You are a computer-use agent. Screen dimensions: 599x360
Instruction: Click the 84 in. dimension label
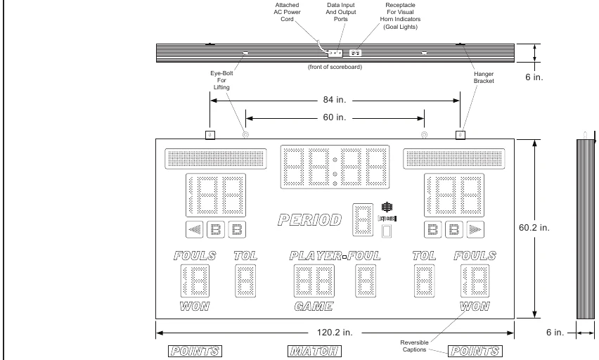[334, 100]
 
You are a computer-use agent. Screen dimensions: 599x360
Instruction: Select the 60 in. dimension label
[334, 117]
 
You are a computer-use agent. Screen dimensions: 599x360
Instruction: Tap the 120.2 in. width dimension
[335, 333]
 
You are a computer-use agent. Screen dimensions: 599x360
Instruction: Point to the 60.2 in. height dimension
[534, 228]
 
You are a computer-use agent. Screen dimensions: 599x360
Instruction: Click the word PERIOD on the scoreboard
[310, 220]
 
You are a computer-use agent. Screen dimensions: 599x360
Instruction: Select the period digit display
[363, 220]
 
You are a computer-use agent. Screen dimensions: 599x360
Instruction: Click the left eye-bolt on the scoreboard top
[245, 135]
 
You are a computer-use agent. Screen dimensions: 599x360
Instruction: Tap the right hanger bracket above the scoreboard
[460, 135]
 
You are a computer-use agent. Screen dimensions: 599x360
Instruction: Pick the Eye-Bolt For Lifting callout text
[221, 80]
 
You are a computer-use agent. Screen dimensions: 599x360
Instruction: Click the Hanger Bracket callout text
[484, 77]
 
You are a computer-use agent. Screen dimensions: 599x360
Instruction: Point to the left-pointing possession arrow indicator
[195, 230]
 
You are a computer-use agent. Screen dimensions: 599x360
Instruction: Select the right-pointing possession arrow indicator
[475, 230]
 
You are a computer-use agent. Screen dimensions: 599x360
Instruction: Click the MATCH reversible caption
[314, 351]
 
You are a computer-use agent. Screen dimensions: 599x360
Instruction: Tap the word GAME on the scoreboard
[314, 306]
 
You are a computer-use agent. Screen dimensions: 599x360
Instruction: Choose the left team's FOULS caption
[195, 255]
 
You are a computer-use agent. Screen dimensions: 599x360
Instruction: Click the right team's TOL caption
[424, 255]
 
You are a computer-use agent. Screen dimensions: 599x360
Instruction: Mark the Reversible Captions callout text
[414, 346]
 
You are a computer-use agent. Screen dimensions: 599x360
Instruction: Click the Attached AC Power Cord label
[287, 12]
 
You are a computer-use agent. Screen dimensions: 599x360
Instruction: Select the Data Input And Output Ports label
[341, 12]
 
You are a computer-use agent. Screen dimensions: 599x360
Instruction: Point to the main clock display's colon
[335, 167]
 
